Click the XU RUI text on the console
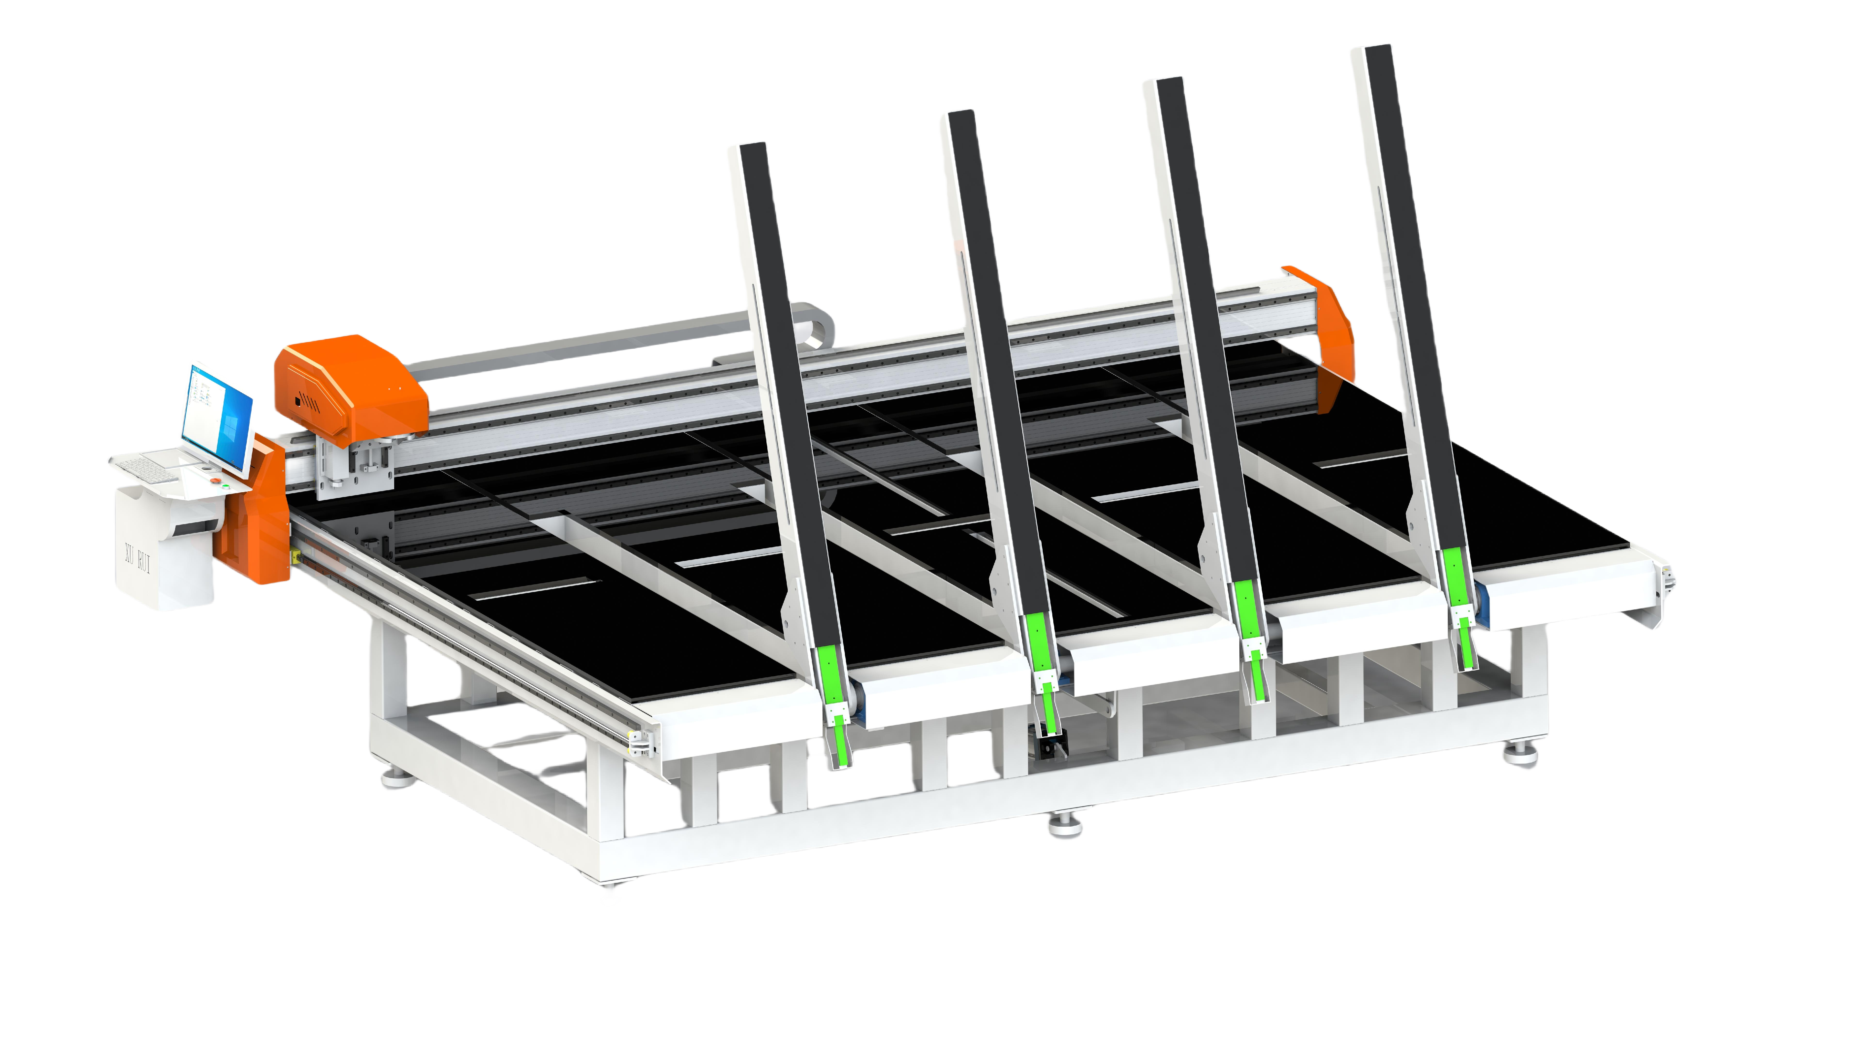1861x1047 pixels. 137,558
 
